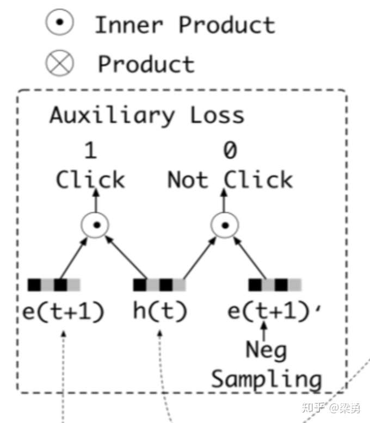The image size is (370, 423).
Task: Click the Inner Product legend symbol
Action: point(59,22)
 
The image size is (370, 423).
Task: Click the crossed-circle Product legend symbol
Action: point(59,63)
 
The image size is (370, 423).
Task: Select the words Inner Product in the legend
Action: point(185,25)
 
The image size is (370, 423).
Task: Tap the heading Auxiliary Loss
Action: point(147,116)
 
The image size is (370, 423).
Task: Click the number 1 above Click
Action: point(90,150)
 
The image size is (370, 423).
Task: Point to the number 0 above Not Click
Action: point(230,150)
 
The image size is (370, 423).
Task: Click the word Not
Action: point(188,179)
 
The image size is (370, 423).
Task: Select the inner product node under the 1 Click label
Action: point(95,225)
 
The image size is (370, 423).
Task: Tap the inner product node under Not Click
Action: point(225,225)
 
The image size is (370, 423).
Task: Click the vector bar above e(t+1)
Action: point(54,285)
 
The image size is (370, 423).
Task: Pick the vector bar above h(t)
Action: point(159,285)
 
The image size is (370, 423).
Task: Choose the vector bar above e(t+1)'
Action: point(275,285)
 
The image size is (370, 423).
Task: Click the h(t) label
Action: point(160,311)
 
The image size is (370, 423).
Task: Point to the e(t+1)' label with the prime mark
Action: point(275,311)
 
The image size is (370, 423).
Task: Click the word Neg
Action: point(266,351)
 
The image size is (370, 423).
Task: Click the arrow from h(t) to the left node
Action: point(126,257)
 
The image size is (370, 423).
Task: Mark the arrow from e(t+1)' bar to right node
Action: point(250,258)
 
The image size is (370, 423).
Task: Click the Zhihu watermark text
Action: point(331,407)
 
